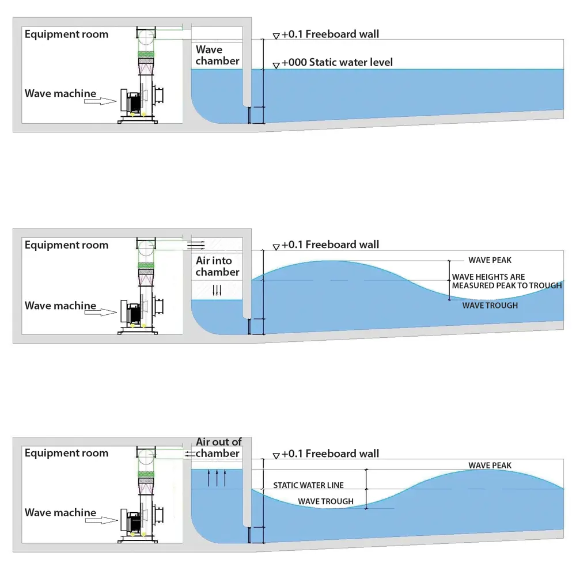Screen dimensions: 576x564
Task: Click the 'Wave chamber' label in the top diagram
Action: pyautogui.click(x=218, y=55)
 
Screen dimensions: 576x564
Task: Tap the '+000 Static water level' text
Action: pyautogui.click(x=337, y=62)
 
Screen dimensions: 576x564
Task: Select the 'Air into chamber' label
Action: pyautogui.click(x=218, y=266)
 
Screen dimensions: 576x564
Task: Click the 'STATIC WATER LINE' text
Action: pyautogui.click(x=308, y=485)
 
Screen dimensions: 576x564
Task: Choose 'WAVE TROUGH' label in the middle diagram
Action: pyautogui.click(x=490, y=305)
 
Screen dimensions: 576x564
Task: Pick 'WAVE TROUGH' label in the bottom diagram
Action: pyautogui.click(x=325, y=501)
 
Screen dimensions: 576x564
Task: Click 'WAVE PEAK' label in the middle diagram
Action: pyautogui.click(x=490, y=260)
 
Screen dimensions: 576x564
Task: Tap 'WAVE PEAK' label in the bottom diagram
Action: pyautogui.click(x=490, y=465)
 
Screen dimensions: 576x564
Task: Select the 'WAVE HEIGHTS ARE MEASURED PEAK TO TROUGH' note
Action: pyautogui.click(x=507, y=281)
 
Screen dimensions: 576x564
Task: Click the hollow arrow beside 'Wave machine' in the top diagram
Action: pyautogui.click(x=100, y=101)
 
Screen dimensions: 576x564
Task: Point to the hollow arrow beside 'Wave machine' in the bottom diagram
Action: pyautogui.click(x=101, y=520)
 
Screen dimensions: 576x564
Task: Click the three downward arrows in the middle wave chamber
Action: pyautogui.click(x=217, y=291)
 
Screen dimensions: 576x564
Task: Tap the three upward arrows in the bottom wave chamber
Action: pyautogui.click(x=217, y=478)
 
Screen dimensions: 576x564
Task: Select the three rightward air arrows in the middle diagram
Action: pyautogui.click(x=196, y=245)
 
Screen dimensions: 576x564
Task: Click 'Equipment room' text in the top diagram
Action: pyautogui.click(x=66, y=35)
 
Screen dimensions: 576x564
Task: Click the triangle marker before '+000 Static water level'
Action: pyautogui.click(x=276, y=66)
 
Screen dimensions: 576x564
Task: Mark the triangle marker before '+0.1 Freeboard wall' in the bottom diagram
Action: pyautogui.click(x=276, y=456)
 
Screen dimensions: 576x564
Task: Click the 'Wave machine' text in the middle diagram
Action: pyautogui.click(x=60, y=306)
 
